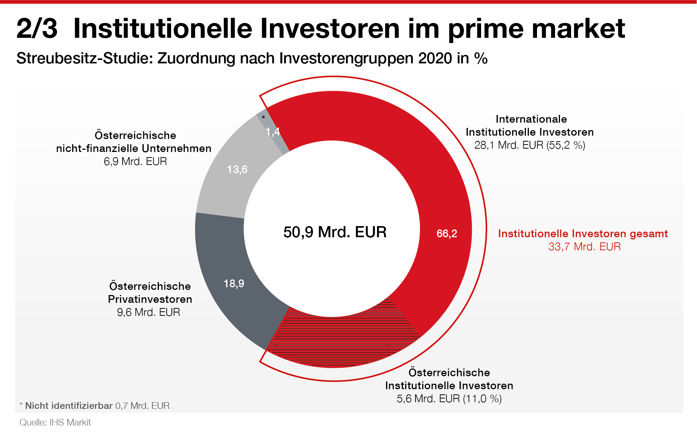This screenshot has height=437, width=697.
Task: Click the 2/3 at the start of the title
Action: (37, 29)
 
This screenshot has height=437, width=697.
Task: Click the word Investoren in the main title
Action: (330, 29)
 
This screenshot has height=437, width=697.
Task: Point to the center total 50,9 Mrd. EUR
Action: (335, 232)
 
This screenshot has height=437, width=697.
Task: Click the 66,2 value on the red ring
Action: (447, 234)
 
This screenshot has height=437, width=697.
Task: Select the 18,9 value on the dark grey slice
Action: (234, 284)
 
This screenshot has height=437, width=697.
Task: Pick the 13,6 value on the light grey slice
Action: (237, 169)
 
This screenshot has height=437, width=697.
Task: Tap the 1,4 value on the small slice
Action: (273, 132)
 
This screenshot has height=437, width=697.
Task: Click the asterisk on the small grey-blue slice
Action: (263, 118)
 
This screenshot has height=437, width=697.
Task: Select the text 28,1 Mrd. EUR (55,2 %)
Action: (530, 145)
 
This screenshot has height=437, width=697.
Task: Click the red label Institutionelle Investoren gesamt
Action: (583, 234)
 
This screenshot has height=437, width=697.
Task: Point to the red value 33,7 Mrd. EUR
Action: (584, 246)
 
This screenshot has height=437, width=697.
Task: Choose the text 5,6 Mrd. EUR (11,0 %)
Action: (449, 399)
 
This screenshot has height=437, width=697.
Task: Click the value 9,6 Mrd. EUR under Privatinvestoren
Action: (149, 312)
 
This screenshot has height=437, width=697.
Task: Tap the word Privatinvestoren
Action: (150, 299)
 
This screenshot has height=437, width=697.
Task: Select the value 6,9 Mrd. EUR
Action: (135, 161)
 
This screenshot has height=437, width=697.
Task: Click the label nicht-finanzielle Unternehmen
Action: (134, 148)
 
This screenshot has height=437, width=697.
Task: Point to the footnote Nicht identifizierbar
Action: (69, 405)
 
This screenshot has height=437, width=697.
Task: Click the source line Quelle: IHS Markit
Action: (55, 423)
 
